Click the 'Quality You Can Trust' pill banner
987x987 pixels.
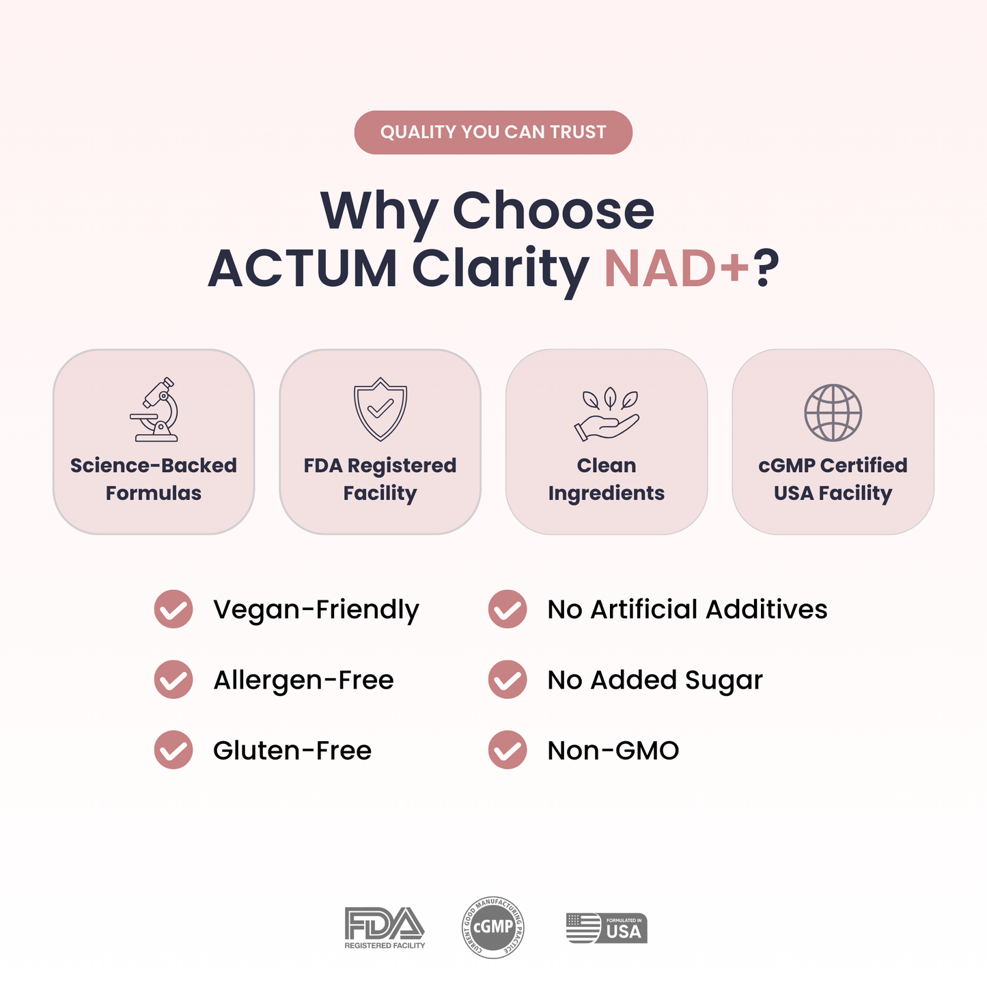pyautogui.click(x=493, y=133)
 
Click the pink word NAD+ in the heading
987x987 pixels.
pyautogui.click(x=677, y=268)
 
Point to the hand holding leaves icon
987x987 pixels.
pyautogui.click(x=607, y=415)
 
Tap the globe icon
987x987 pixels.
pyautogui.click(x=833, y=413)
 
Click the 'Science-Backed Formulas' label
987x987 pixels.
pyautogui.click(x=154, y=479)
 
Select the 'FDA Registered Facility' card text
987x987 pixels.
pyautogui.click(x=380, y=479)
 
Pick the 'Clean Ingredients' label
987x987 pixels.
pyautogui.click(x=607, y=479)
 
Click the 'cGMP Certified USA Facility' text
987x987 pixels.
pyautogui.click(x=833, y=479)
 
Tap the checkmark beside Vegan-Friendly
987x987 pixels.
pyautogui.click(x=173, y=609)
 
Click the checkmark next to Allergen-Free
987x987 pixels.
pyautogui.click(x=173, y=680)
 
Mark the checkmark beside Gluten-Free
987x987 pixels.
pyautogui.click(x=173, y=750)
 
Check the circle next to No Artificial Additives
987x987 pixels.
pyautogui.click(x=508, y=609)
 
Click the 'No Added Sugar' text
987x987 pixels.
pyautogui.click(x=655, y=680)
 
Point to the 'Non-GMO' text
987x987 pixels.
pyautogui.click(x=613, y=751)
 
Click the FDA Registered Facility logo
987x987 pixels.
pyautogui.click(x=385, y=928)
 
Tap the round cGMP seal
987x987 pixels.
pyautogui.click(x=493, y=927)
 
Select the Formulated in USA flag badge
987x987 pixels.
pyautogui.click(x=607, y=928)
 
